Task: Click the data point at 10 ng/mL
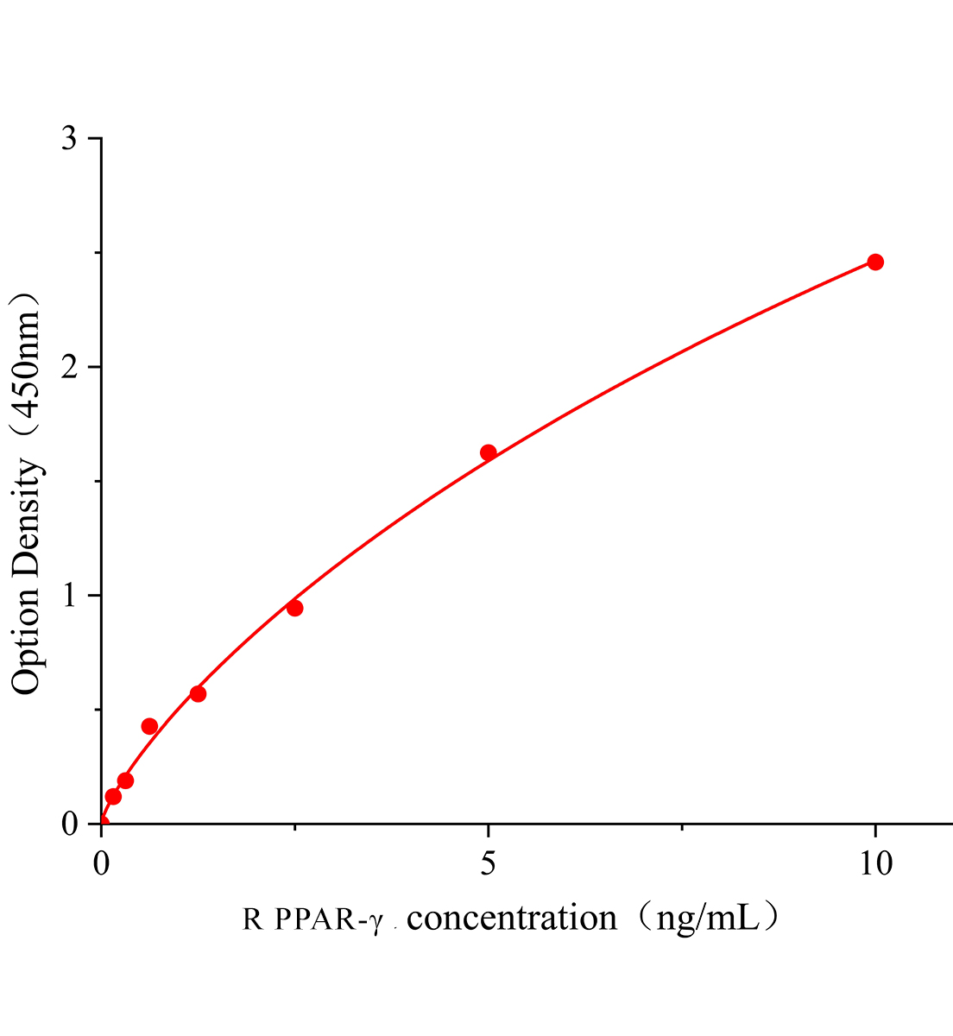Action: (875, 262)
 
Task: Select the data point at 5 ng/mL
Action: (489, 452)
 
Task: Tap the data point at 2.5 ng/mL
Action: (294, 608)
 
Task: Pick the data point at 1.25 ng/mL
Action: (198, 693)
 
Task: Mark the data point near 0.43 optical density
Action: (149, 726)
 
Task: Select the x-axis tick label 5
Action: (489, 862)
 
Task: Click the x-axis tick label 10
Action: (875, 862)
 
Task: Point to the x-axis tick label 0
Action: (102, 862)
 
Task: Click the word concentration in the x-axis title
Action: (512, 918)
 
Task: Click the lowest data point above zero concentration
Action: (113, 796)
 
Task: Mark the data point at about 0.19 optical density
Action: (125, 780)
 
